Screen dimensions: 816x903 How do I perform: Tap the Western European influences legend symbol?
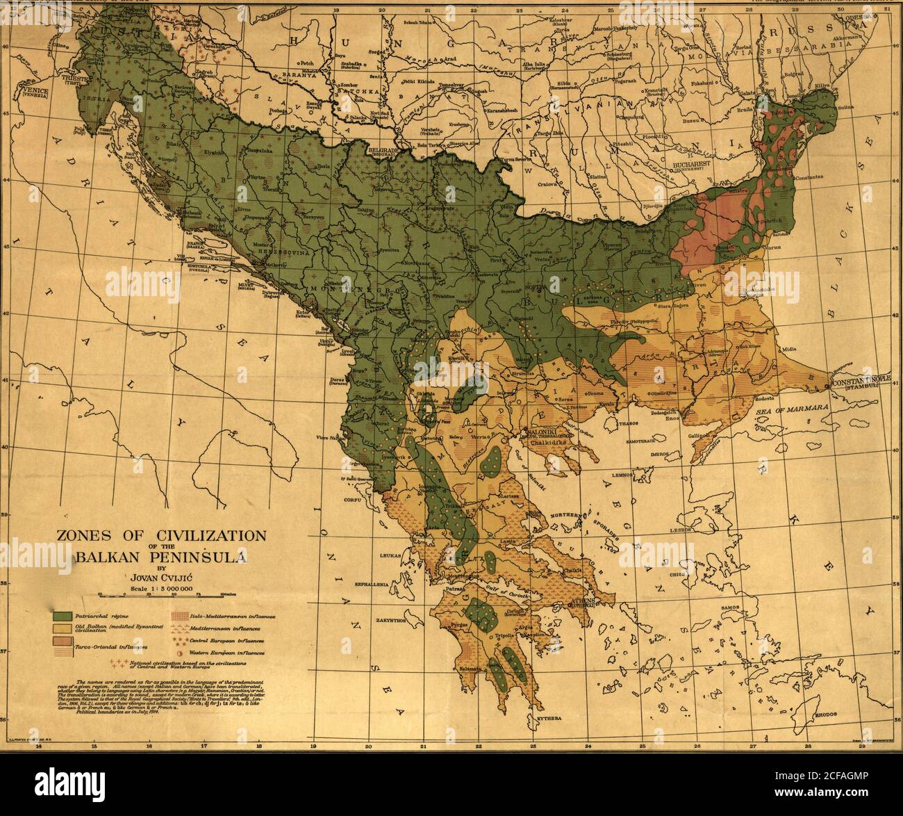[x=181, y=653]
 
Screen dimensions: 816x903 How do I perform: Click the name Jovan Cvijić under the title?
[x=160, y=576]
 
